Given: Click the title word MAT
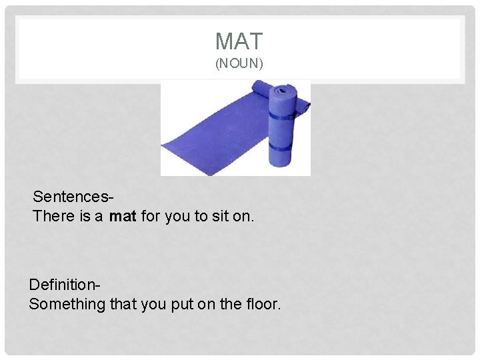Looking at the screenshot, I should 239,41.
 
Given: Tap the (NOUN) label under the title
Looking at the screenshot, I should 239,65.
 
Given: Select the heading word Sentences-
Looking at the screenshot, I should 73,197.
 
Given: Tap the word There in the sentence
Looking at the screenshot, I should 53,216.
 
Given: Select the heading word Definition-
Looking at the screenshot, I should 65,285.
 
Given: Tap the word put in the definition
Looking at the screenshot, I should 181,305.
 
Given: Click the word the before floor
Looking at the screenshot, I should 231,305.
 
